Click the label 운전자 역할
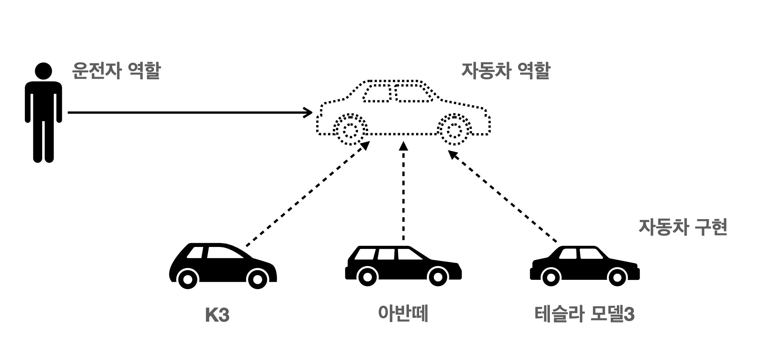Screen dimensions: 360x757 point(116,71)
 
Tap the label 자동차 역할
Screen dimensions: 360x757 point(505,71)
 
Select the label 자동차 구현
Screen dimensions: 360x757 point(683,227)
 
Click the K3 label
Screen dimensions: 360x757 point(217,315)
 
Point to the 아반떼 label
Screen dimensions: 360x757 point(403,314)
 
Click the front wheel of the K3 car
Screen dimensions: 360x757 point(257,279)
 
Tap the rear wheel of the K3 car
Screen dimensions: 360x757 point(187,279)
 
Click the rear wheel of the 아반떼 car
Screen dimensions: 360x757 point(367,277)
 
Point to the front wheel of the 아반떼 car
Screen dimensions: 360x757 point(437,277)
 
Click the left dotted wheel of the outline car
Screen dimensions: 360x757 point(351,130)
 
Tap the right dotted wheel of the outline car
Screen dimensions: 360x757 point(454,130)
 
